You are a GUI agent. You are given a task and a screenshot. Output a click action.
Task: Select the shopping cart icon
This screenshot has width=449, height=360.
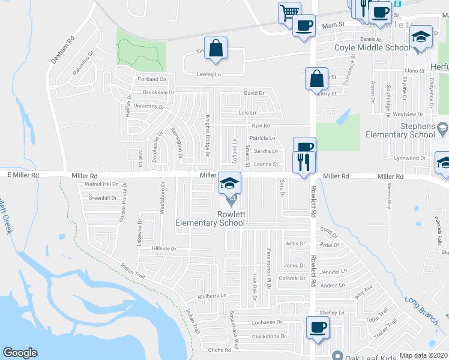click(289, 13)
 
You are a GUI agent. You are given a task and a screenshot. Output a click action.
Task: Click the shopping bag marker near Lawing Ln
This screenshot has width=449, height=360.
click(215, 48)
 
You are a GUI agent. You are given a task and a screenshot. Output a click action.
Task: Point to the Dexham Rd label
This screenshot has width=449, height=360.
click(62, 48)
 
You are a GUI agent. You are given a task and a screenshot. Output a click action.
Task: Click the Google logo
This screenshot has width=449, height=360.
click(20, 353)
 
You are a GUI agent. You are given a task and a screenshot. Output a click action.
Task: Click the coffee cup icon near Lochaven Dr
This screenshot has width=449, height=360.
click(318, 327)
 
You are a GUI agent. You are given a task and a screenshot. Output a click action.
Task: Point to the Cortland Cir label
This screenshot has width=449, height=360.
click(151, 79)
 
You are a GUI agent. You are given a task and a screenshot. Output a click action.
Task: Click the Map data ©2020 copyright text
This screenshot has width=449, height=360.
click(423, 355)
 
